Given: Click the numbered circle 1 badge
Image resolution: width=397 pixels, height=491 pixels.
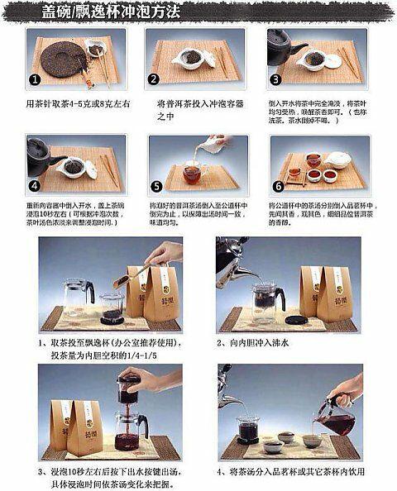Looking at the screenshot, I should point(35,79).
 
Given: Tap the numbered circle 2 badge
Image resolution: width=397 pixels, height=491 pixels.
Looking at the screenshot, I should point(155,79).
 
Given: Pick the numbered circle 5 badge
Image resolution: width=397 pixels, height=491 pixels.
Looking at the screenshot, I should point(155,187).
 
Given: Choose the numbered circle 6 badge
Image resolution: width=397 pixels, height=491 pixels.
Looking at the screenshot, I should point(278,187).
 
